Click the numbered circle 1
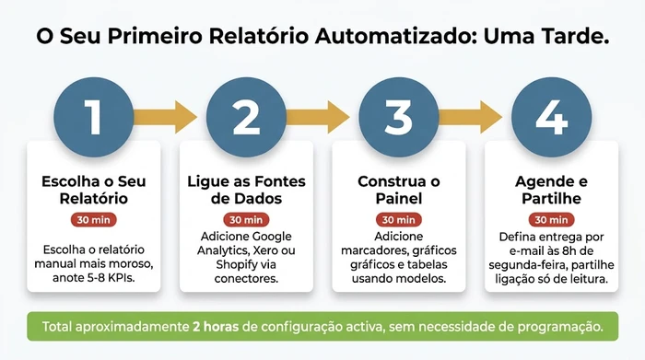[92, 117]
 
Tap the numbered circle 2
[245, 117]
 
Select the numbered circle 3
[398, 117]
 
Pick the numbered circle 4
[551, 117]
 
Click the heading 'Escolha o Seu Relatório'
[92, 189]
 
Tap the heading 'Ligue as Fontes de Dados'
[245, 189]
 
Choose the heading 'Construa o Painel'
[398, 189]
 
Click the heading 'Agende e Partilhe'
[551, 189]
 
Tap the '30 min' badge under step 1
[92, 220]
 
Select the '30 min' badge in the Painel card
[398, 220]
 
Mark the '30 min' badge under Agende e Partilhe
[551, 220]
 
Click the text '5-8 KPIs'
[117, 279]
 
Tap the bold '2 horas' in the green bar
[218, 326]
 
